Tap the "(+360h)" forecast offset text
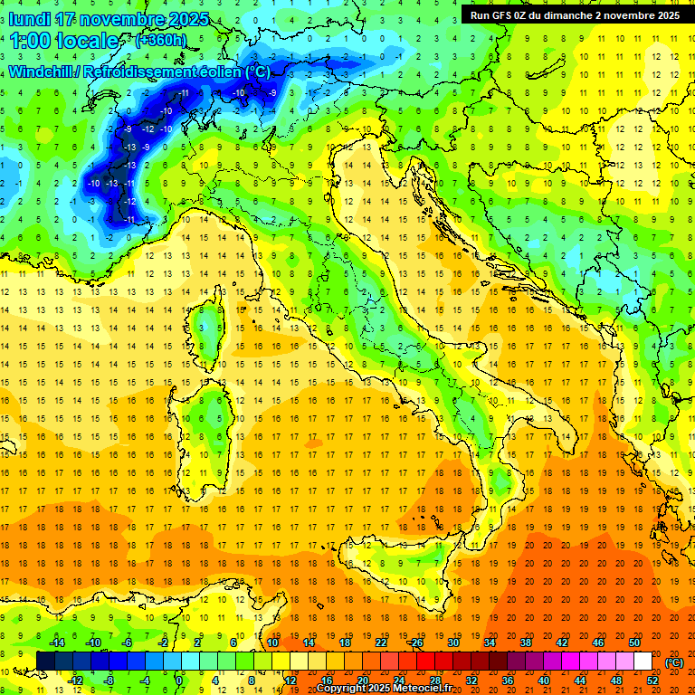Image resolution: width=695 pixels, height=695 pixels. tap(160, 41)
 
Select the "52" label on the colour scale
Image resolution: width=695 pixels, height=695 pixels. tap(652, 680)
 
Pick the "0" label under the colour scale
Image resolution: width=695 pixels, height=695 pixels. tap(179, 680)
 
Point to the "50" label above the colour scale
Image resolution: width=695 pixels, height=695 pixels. tap(634, 642)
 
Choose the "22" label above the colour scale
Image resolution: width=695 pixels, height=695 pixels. tap(381, 642)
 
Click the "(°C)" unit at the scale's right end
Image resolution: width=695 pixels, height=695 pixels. tap(673, 662)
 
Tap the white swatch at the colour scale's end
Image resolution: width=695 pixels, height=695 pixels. tap(643, 662)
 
